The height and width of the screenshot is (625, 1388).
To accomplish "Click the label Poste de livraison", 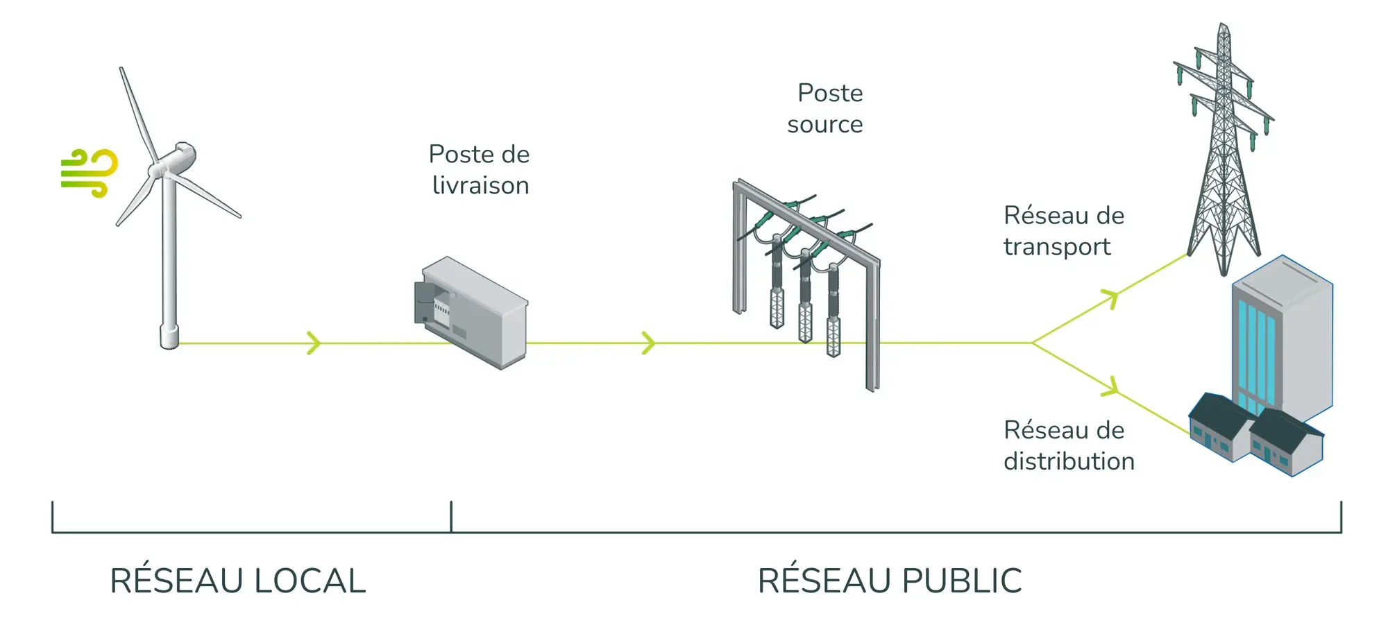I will point(480,170).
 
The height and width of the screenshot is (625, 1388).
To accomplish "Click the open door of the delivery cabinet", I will point(423,302).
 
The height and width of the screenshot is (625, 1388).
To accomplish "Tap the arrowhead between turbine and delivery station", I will point(314,343).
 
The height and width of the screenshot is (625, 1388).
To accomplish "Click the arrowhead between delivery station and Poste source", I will point(649,343).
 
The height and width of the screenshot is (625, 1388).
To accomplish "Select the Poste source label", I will point(826,108).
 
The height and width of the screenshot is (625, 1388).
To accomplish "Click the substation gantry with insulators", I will point(805,277).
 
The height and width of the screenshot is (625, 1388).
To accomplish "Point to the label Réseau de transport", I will point(1063,231).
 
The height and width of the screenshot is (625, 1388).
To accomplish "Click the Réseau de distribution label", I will point(1068,445).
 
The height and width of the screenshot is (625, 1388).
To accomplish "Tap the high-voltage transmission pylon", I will point(1224,153).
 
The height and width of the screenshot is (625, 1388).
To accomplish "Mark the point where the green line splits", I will point(1033,343).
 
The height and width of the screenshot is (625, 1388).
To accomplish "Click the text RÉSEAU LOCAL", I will point(238,581).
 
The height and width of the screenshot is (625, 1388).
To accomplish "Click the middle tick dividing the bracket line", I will point(451,517).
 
